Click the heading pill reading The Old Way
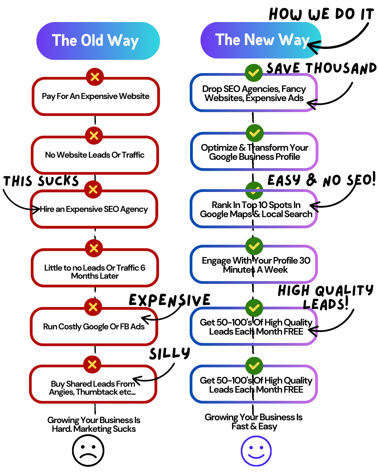pos(98,41)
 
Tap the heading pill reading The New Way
pos(261,40)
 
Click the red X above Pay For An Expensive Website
pos(95,77)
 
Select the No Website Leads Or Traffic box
pos(95,155)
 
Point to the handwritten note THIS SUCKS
pos(41,181)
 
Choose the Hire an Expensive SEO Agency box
pos(94,209)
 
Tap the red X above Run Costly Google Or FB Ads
pos(93,307)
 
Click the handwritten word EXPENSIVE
pos(170,300)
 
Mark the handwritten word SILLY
pos(170,353)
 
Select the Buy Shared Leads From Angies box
pos(93,385)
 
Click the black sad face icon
pos(88,450)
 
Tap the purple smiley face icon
pos(256,451)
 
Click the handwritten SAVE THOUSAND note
pos(321,68)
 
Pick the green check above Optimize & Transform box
pos(254,133)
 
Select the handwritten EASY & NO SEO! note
pos(321,180)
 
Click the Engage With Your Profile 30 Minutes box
pos(254,265)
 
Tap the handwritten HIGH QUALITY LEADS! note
pos(325,297)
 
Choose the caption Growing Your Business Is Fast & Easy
pos(254,422)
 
